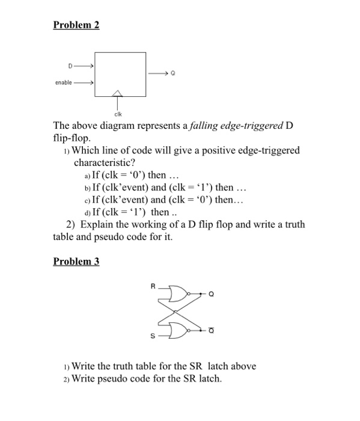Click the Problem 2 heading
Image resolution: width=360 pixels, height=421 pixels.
[x=76, y=25]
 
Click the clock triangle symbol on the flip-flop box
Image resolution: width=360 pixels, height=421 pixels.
[x=118, y=93]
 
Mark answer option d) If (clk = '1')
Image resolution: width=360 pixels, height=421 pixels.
[x=126, y=212]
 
